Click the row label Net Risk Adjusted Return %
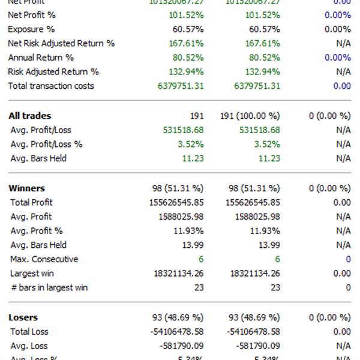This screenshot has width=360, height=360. tap(61, 43)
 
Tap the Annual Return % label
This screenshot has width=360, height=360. tap(41, 58)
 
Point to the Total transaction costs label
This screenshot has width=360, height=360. tap(51, 86)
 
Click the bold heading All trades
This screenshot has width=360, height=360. tap(30, 116)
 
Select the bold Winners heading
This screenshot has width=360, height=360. tap(27, 188)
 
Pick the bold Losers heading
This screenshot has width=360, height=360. tap(23, 317)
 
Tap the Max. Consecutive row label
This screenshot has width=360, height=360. tap(44, 259)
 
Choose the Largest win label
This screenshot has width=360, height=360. tap(32, 274)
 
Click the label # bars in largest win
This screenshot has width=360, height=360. tap(49, 287)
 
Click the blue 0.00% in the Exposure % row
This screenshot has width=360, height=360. tap(337, 29)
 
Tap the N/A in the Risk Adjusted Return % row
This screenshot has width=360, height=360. tap(343, 72)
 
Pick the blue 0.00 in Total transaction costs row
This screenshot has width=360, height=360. tap(342, 86)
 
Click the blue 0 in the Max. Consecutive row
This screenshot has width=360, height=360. tap(348, 259)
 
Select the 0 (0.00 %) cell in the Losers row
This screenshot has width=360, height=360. tap(329, 317)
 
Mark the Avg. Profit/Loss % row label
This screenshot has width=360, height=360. tap(47, 144)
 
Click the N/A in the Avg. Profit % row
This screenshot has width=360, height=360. tap(343, 230)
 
